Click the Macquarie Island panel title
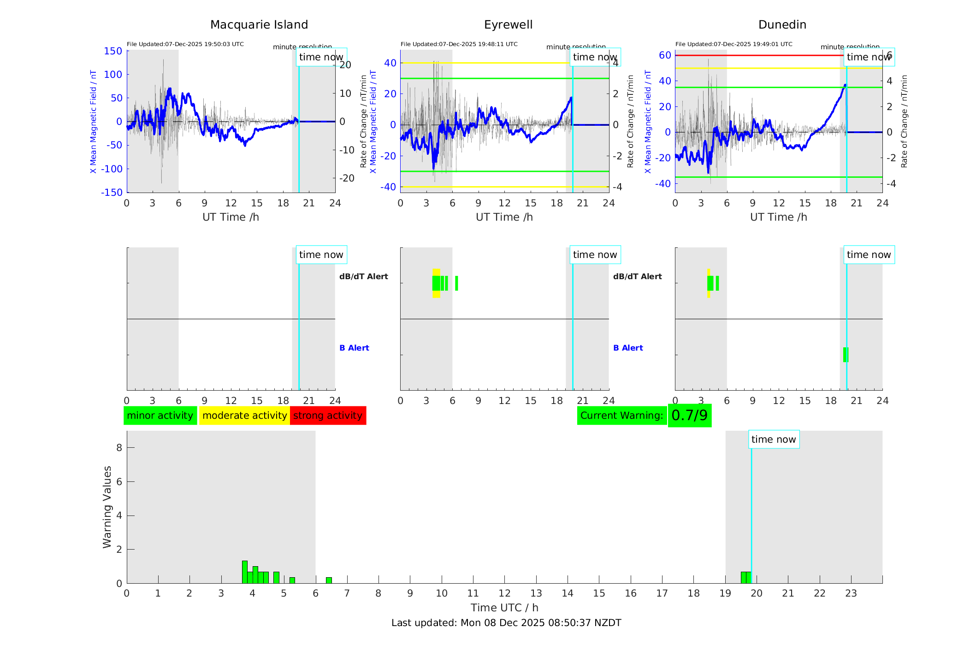[x=259, y=25]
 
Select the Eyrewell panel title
[x=508, y=25]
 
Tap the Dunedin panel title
[x=782, y=25]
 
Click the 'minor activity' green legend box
[x=160, y=416]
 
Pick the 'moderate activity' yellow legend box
[x=244, y=416]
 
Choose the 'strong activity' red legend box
[x=328, y=416]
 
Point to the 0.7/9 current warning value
[x=689, y=416]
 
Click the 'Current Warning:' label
[x=621, y=416]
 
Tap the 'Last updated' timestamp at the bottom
[x=506, y=623]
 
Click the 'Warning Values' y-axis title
[x=107, y=507]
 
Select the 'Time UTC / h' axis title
[x=504, y=608]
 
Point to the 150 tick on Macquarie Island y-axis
[x=113, y=51]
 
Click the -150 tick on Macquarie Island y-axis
[x=112, y=193]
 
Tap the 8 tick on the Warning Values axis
[x=119, y=447]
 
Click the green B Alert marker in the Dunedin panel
[x=846, y=355]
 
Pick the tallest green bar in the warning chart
[x=245, y=572]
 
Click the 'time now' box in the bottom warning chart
[x=774, y=439]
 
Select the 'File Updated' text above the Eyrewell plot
[x=459, y=44]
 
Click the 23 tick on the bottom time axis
[x=851, y=593]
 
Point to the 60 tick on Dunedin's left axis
[x=665, y=55]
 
